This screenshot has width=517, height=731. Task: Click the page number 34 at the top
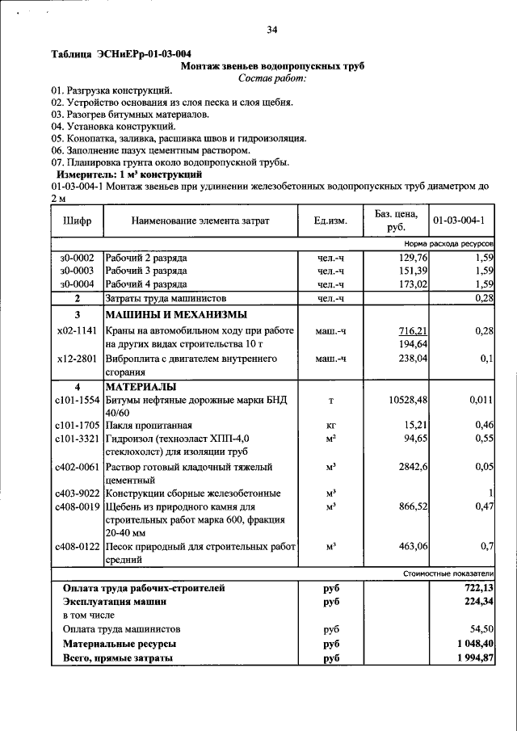click(x=272, y=30)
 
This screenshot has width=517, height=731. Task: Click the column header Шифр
click(x=77, y=221)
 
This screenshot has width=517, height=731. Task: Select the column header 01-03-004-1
click(x=458, y=221)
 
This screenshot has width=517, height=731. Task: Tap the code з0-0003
click(x=77, y=271)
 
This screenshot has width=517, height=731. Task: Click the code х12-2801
click(x=78, y=359)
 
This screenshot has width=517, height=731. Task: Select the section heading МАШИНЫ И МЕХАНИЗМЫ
click(x=175, y=315)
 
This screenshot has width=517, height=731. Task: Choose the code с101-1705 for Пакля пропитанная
click(x=78, y=426)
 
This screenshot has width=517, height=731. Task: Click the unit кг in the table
click(x=330, y=426)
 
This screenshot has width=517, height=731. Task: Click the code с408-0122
click(x=78, y=547)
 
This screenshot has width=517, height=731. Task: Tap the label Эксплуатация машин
click(x=115, y=602)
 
